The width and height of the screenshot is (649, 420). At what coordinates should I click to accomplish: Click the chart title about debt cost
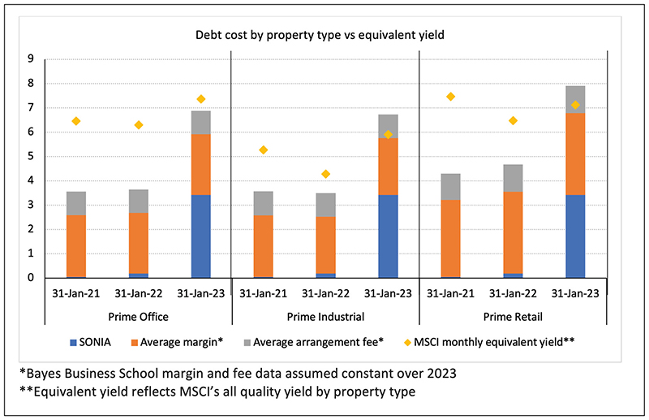coord(317,36)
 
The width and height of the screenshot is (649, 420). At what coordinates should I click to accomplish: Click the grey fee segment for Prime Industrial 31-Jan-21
coord(263,203)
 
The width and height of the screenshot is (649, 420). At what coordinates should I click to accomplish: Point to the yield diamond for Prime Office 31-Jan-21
coord(76,121)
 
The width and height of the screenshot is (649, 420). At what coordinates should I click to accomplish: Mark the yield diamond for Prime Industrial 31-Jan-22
coord(325,174)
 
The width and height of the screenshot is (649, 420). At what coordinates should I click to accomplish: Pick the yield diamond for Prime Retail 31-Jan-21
coord(450,97)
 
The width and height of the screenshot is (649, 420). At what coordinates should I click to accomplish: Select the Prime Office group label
coord(138,316)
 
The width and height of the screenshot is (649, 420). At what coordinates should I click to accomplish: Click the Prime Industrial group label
coord(325,316)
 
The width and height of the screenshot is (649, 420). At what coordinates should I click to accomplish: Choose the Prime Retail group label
coord(512,316)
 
